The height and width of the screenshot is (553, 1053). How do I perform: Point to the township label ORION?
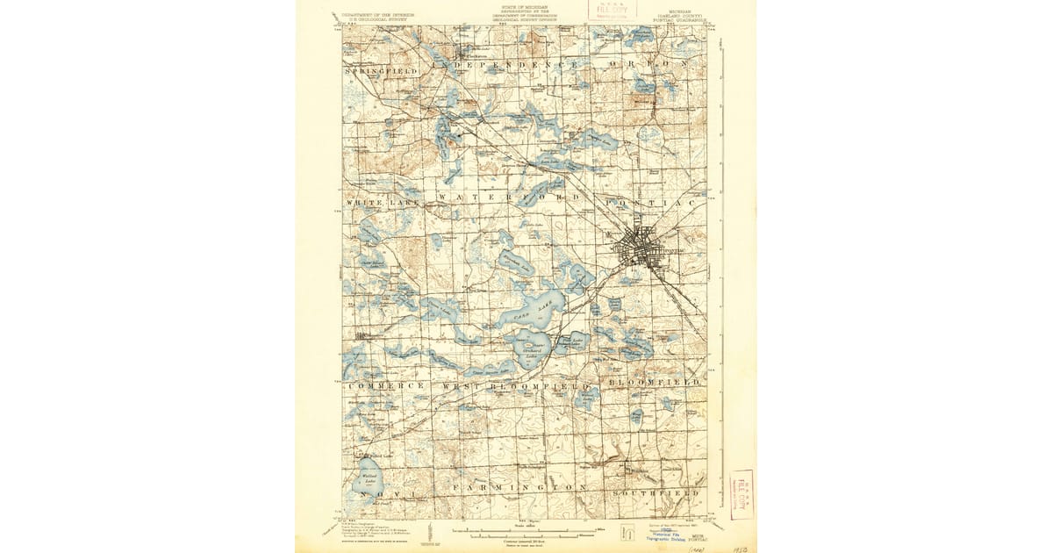pos(649,64)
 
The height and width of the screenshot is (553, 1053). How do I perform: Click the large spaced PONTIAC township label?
pos(649,202)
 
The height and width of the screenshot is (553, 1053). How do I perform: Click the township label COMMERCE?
pos(386,385)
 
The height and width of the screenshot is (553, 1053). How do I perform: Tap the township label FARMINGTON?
pos(519,486)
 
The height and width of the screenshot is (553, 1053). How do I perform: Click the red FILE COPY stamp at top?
pos(612,10)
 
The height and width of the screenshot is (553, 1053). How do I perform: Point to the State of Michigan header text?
pos(526,9)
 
